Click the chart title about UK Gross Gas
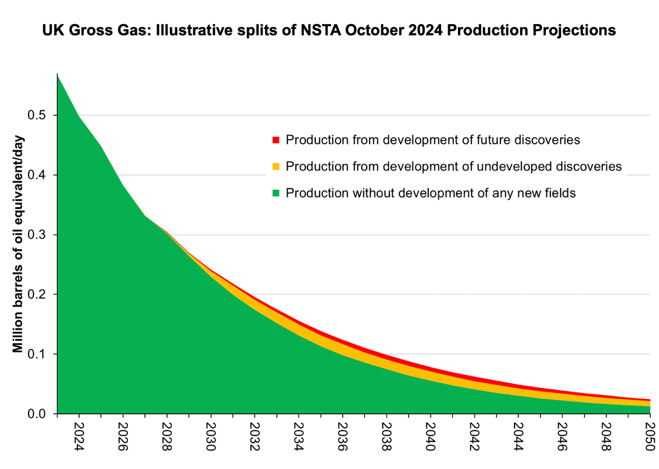click(x=329, y=31)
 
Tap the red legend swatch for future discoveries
click(x=276, y=139)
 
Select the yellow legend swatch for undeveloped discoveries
click(x=276, y=166)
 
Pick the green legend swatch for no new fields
click(x=276, y=193)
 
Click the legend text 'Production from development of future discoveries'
click(x=433, y=139)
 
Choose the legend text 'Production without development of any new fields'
click(x=431, y=193)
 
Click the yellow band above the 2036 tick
click(x=343, y=349)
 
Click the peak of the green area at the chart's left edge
click(x=58, y=76)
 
